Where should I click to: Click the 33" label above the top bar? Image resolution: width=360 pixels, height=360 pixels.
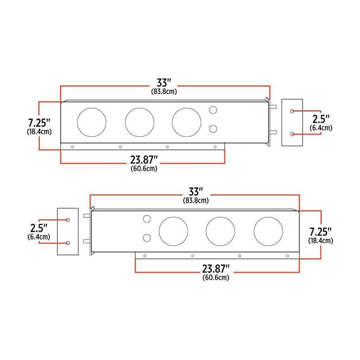pyautogui.click(x=164, y=83)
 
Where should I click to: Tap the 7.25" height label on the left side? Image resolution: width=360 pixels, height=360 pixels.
pyautogui.click(x=39, y=122)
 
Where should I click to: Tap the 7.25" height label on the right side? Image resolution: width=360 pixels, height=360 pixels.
pyautogui.click(x=320, y=232)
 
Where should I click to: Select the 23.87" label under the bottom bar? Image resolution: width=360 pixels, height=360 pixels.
pyautogui.click(x=216, y=269)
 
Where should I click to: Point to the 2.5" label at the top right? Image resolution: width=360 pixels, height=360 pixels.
pyautogui.click(x=321, y=120)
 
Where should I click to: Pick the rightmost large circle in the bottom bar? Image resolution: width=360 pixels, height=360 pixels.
pyautogui.click(x=268, y=230)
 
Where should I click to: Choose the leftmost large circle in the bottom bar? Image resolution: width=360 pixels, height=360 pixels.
pyautogui.click(x=173, y=230)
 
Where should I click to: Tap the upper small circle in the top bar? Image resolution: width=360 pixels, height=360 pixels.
pyautogui.click(x=213, y=110)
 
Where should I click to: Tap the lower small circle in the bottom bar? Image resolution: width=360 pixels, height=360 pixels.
pyautogui.click(x=147, y=238)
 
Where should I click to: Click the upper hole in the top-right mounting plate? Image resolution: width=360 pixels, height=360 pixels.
pyautogui.click(x=293, y=111)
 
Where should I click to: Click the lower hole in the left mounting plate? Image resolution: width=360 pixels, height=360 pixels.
pyautogui.click(x=68, y=243)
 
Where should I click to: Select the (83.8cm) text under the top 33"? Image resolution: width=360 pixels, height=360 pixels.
pyautogui.click(x=164, y=91)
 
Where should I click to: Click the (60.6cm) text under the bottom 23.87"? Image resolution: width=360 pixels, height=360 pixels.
pyautogui.click(x=216, y=278)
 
